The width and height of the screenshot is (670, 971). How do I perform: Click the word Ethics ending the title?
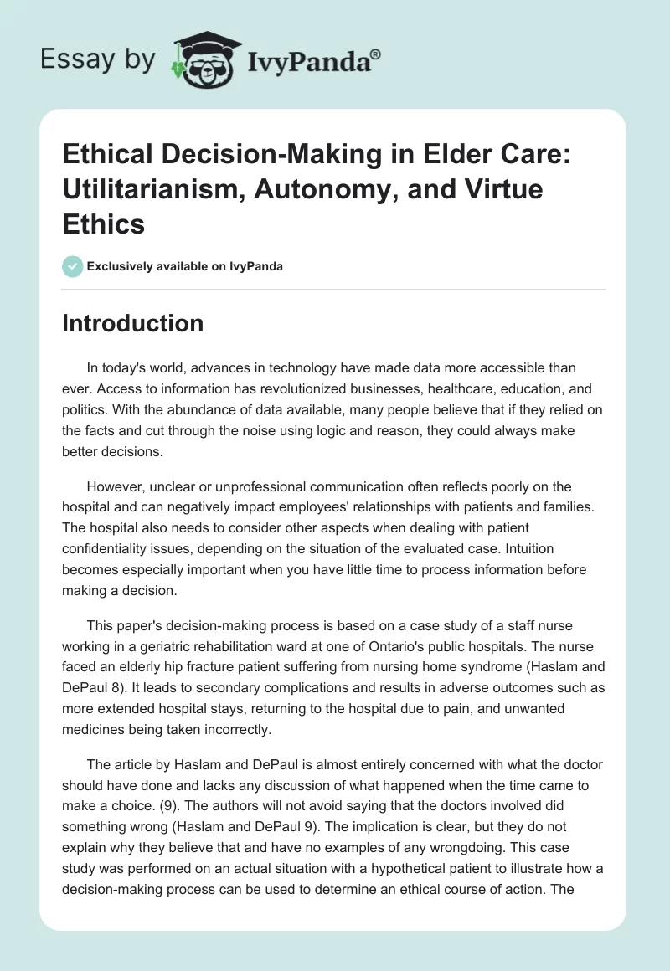[104, 223]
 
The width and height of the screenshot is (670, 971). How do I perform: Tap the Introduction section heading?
[132, 323]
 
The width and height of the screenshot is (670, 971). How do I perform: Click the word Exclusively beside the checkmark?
[116, 267]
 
